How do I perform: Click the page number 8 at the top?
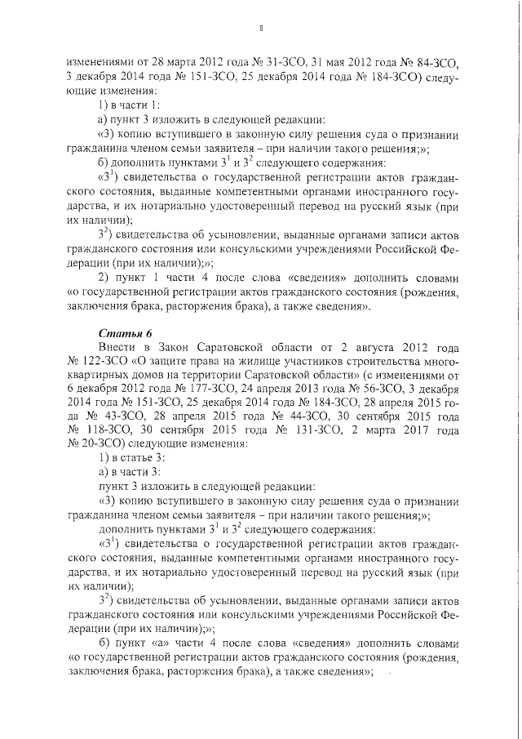(x=260, y=29)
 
